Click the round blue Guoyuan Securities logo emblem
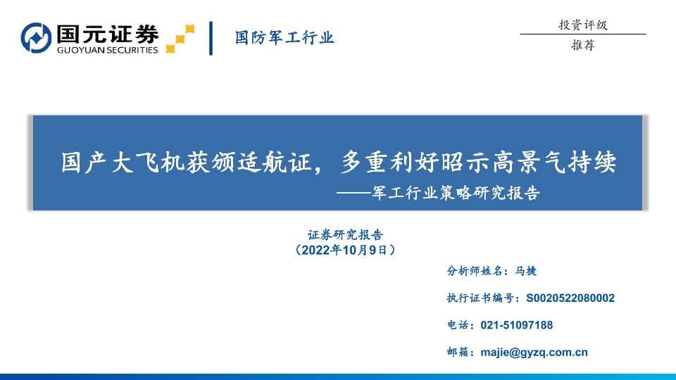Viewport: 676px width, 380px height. point(36,38)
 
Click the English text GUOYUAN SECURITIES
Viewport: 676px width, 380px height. point(107,50)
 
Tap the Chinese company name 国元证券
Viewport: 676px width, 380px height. point(108,34)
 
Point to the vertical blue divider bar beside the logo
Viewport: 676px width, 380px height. point(211,38)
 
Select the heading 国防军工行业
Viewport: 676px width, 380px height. point(284,38)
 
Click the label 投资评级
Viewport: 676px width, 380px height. point(583,25)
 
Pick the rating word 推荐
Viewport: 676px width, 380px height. point(583,45)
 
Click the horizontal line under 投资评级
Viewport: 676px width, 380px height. point(583,34)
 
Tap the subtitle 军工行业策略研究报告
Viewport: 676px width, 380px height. point(456,193)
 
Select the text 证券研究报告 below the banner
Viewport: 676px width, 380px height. point(345,235)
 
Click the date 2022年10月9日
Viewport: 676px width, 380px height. point(344,250)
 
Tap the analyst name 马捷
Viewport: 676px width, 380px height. point(526,271)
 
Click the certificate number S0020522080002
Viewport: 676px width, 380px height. point(570,298)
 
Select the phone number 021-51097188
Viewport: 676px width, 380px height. point(516,325)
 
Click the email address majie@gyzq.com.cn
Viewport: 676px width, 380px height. point(534,353)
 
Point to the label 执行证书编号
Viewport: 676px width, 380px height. point(480,298)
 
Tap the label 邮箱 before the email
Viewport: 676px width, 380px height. point(458,353)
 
